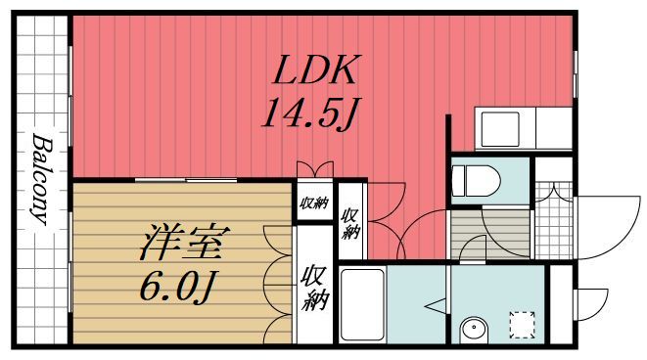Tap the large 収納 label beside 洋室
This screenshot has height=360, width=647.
pos(313,287)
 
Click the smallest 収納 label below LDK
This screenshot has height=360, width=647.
pos(313,204)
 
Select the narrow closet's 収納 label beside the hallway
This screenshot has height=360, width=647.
pos(350,223)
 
